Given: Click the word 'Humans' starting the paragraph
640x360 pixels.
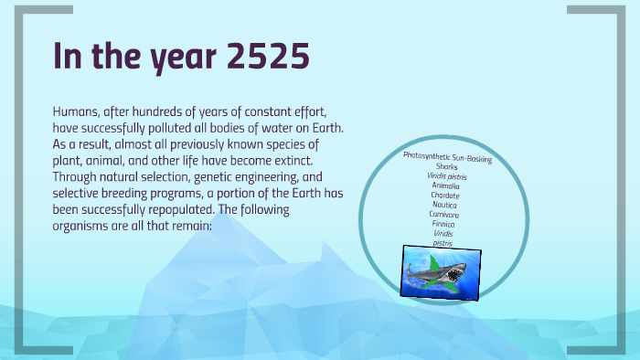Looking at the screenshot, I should coord(79,110).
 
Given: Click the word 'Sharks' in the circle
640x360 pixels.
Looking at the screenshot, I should coord(447,166).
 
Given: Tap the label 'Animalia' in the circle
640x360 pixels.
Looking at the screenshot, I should coord(446,185).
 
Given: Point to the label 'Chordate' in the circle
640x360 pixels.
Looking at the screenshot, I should coord(445,195).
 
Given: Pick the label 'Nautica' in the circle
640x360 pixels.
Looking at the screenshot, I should coord(445,205).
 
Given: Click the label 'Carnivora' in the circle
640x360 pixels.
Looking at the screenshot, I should coord(444,214).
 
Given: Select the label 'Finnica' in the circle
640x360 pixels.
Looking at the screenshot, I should coord(444,224).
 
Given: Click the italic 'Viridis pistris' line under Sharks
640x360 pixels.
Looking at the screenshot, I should coord(446,175).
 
